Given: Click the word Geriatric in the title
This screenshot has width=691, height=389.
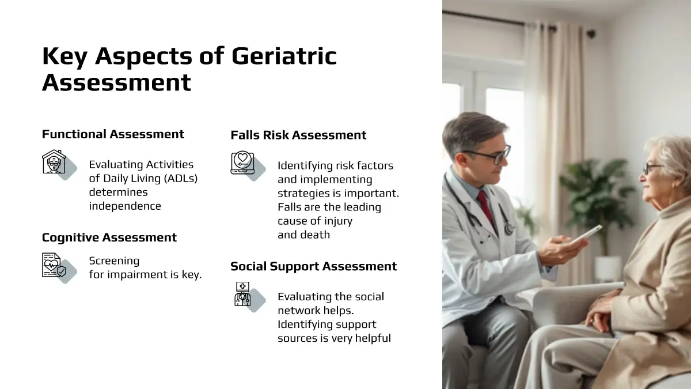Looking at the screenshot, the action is pyautogui.click(x=284, y=56).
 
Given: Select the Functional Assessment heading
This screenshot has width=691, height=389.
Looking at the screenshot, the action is pyautogui.click(x=113, y=134).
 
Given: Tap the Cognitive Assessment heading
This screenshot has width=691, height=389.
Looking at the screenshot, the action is pyautogui.click(x=109, y=237).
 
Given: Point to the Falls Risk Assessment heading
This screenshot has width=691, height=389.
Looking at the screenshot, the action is pyautogui.click(x=298, y=135).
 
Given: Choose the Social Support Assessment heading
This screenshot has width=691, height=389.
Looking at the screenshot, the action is pyautogui.click(x=313, y=266).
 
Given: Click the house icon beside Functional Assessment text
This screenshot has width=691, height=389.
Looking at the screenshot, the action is pyautogui.click(x=54, y=161).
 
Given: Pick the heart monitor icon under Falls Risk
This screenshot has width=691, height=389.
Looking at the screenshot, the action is pyautogui.click(x=243, y=163).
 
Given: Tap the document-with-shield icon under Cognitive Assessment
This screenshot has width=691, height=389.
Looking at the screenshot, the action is pyautogui.click(x=54, y=265).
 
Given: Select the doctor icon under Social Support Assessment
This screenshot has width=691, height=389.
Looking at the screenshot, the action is pyautogui.click(x=242, y=294).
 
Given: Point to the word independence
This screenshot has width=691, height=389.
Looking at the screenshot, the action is pyautogui.click(x=125, y=206).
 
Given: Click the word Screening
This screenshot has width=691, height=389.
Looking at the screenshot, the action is pyautogui.click(x=114, y=261).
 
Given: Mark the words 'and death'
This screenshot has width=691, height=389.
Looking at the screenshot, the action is pyautogui.click(x=303, y=235).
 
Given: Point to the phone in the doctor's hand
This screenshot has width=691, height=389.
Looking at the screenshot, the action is pyautogui.click(x=584, y=235).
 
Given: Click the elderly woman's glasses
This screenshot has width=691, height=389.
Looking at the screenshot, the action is pyautogui.click(x=654, y=168).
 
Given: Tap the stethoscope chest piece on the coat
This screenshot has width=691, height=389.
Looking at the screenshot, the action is pyautogui.click(x=509, y=229).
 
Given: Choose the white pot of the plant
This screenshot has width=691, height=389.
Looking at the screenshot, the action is pyautogui.click(x=608, y=269).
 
